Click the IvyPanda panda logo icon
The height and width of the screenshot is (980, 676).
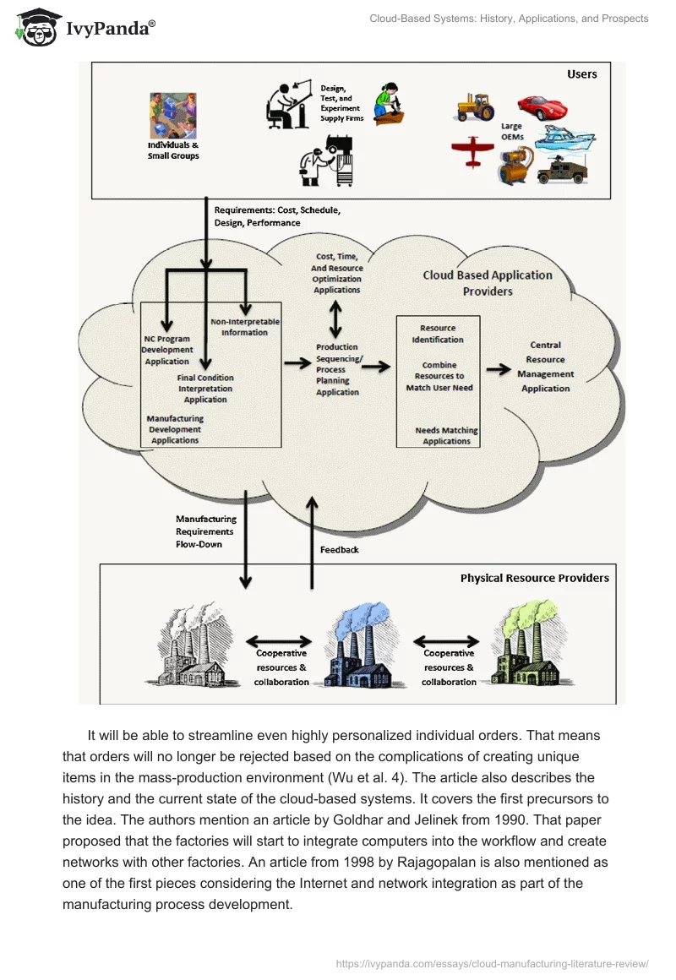pyautogui.click(x=36, y=28)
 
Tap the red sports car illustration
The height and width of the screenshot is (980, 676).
pyautogui.click(x=542, y=107)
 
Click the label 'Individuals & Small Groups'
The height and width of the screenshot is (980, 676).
pyautogui.click(x=173, y=150)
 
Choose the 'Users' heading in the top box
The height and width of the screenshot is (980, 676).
pyautogui.click(x=581, y=74)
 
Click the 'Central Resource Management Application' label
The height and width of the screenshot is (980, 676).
pyautogui.click(x=545, y=367)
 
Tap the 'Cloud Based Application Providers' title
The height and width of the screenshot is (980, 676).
pyautogui.click(x=488, y=283)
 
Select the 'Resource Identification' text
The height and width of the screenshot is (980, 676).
pyautogui.click(x=438, y=334)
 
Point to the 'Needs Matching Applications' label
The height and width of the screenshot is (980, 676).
pyautogui.click(x=446, y=436)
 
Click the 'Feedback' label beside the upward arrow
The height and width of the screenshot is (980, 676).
pyautogui.click(x=339, y=550)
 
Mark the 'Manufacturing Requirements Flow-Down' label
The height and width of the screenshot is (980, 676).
pyautogui.click(x=205, y=531)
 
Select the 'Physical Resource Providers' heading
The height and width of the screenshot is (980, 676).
pyautogui.click(x=534, y=579)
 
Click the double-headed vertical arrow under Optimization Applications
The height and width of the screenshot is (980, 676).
pyautogui.click(x=336, y=319)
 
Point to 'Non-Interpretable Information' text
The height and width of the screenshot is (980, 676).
pyautogui.click(x=245, y=327)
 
